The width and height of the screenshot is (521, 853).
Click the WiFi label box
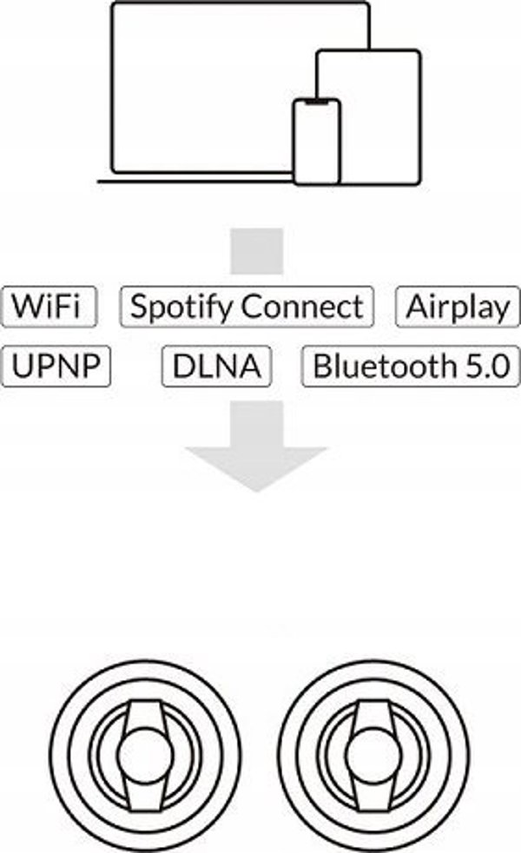49,307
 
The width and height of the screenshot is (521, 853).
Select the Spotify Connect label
247,307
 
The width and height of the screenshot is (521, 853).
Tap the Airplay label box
458,307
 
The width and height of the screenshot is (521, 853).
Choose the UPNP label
56,366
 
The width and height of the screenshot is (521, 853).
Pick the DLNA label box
216,366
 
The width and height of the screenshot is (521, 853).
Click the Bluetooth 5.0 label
411,366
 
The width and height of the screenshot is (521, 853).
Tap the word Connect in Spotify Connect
302,307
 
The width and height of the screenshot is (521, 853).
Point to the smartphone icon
317,142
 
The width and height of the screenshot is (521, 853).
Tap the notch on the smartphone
317,102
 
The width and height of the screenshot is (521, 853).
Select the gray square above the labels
257,251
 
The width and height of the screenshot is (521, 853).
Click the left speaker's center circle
145,754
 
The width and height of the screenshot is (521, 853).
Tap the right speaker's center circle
374,754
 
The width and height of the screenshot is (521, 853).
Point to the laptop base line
195,182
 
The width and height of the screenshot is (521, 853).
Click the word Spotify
181,307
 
